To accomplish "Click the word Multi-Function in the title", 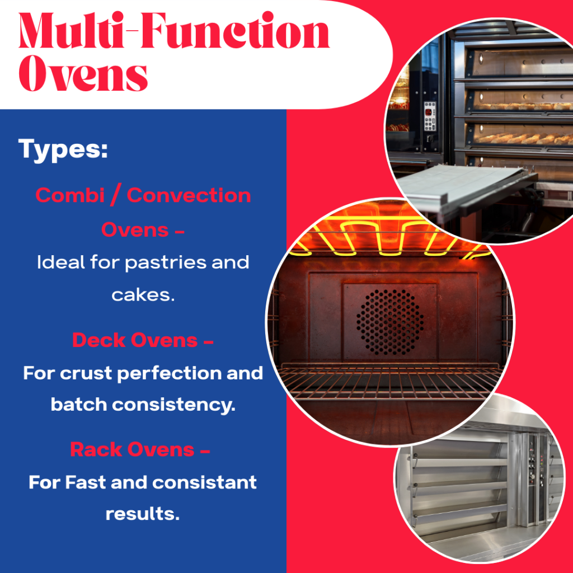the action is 174,30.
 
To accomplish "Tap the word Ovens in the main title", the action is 83,73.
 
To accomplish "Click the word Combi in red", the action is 70,195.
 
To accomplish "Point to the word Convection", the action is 189,195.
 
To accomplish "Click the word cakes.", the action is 143,295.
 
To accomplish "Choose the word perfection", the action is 170,374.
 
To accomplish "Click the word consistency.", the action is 173,405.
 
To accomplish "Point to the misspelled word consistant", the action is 204,482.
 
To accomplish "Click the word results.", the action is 143,514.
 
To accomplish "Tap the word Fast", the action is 86,482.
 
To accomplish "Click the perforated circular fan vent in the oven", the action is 390,322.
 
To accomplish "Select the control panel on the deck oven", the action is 430,116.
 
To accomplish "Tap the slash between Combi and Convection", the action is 115,195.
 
